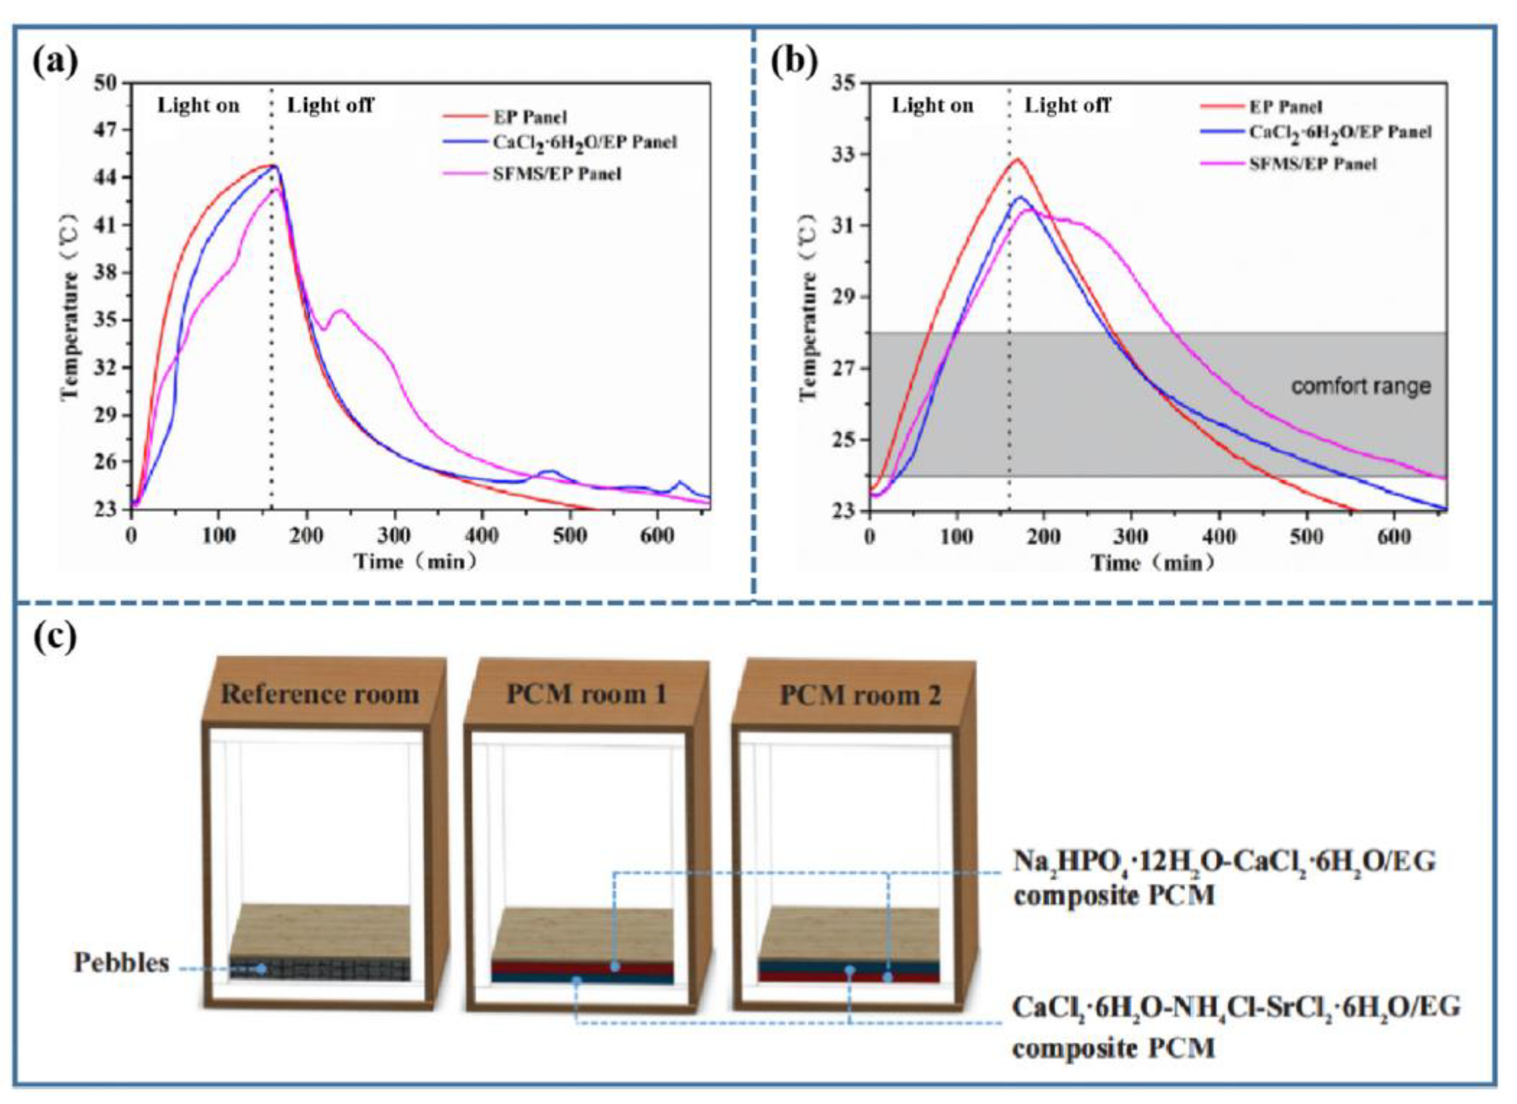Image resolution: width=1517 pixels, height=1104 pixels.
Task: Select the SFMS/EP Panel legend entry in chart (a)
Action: (556, 174)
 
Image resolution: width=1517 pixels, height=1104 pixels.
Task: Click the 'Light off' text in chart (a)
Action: (330, 106)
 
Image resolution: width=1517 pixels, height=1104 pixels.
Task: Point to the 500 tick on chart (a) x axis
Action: (570, 536)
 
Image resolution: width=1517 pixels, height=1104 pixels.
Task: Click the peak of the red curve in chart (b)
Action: (1017, 159)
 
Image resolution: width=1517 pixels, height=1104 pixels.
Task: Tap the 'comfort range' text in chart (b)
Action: (1360, 386)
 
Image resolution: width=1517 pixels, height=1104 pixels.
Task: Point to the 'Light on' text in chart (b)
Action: (933, 106)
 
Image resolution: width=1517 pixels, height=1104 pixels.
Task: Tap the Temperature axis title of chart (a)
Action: (70, 307)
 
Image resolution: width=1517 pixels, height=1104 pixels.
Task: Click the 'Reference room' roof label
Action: (320, 694)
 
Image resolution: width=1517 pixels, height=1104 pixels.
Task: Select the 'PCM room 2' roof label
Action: (860, 696)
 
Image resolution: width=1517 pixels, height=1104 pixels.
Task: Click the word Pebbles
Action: (121, 963)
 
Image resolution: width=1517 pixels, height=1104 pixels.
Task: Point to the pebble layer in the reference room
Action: (320, 968)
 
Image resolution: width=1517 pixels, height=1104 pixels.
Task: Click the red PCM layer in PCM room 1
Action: (582, 968)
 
